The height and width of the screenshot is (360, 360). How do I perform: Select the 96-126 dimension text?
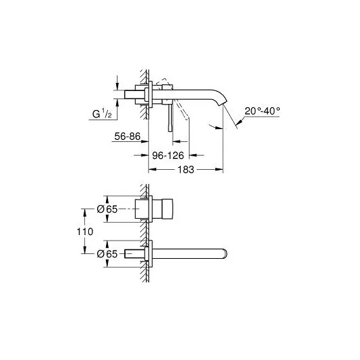(168, 154)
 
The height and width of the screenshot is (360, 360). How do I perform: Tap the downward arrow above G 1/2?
(119, 82)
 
